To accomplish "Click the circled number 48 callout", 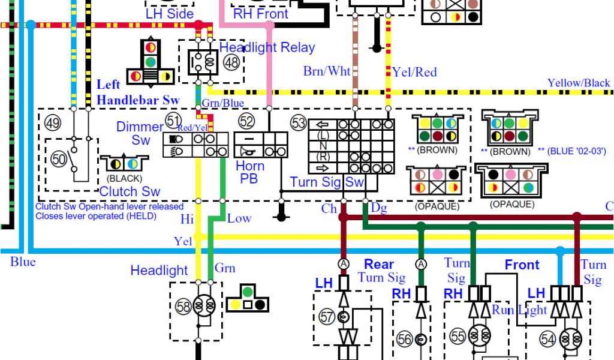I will pyautogui.click(x=231, y=61).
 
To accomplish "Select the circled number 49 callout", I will pyautogui.click(x=53, y=124).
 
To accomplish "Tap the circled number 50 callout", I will pyautogui.click(x=59, y=159).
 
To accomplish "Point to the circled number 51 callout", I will pyautogui.click(x=173, y=120).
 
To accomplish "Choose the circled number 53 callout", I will pyautogui.click(x=298, y=123).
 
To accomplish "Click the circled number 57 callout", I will pyautogui.click(x=327, y=317).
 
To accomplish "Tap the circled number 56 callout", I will pyautogui.click(x=405, y=340).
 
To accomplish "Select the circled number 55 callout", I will pyautogui.click(x=458, y=337).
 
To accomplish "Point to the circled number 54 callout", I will pyautogui.click(x=547, y=340).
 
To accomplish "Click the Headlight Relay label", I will pyautogui.click(x=267, y=47).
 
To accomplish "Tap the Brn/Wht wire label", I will pyautogui.click(x=327, y=71).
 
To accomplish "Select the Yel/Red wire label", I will pyautogui.click(x=414, y=72).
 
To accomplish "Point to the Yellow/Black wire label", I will pyautogui.click(x=578, y=83).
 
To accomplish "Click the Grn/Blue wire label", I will pyautogui.click(x=222, y=103).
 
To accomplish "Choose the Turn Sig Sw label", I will pyautogui.click(x=327, y=182).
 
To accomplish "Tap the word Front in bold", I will pyautogui.click(x=522, y=265).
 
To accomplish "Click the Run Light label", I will pyautogui.click(x=519, y=310).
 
